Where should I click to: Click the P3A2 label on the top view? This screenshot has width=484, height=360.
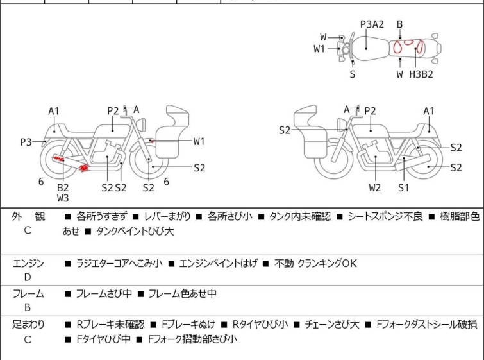(372, 25)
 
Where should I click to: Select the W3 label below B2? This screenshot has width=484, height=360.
(63, 198)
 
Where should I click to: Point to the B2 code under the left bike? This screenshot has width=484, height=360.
(63, 187)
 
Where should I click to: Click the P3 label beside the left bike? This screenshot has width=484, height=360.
(26, 142)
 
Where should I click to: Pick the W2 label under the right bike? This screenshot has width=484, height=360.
(375, 188)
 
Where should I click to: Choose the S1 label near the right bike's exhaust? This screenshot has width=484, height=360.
(403, 188)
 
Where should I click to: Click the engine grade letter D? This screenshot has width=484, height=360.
(28, 277)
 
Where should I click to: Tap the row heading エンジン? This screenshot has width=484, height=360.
(29, 263)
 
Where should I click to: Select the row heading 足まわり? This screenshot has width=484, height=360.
(29, 325)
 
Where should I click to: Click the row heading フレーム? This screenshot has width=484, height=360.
(29, 294)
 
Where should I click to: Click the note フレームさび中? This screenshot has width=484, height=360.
(104, 294)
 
